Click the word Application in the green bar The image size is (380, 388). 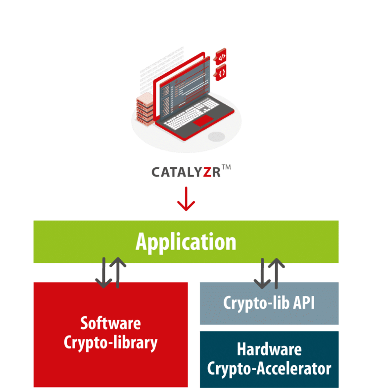tap(186, 242)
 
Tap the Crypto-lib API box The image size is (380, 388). tap(269, 303)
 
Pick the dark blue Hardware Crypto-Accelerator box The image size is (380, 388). tap(269, 359)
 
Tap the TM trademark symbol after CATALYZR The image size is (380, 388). tap(226, 168)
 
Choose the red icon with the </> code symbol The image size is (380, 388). tap(221, 57)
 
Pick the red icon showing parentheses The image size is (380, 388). tap(221, 73)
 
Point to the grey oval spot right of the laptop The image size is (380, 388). tap(216, 136)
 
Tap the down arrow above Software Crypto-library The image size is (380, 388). tap(103, 273)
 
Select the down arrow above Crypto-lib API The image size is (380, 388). tap(262, 273)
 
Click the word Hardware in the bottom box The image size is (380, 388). tap(269, 349)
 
